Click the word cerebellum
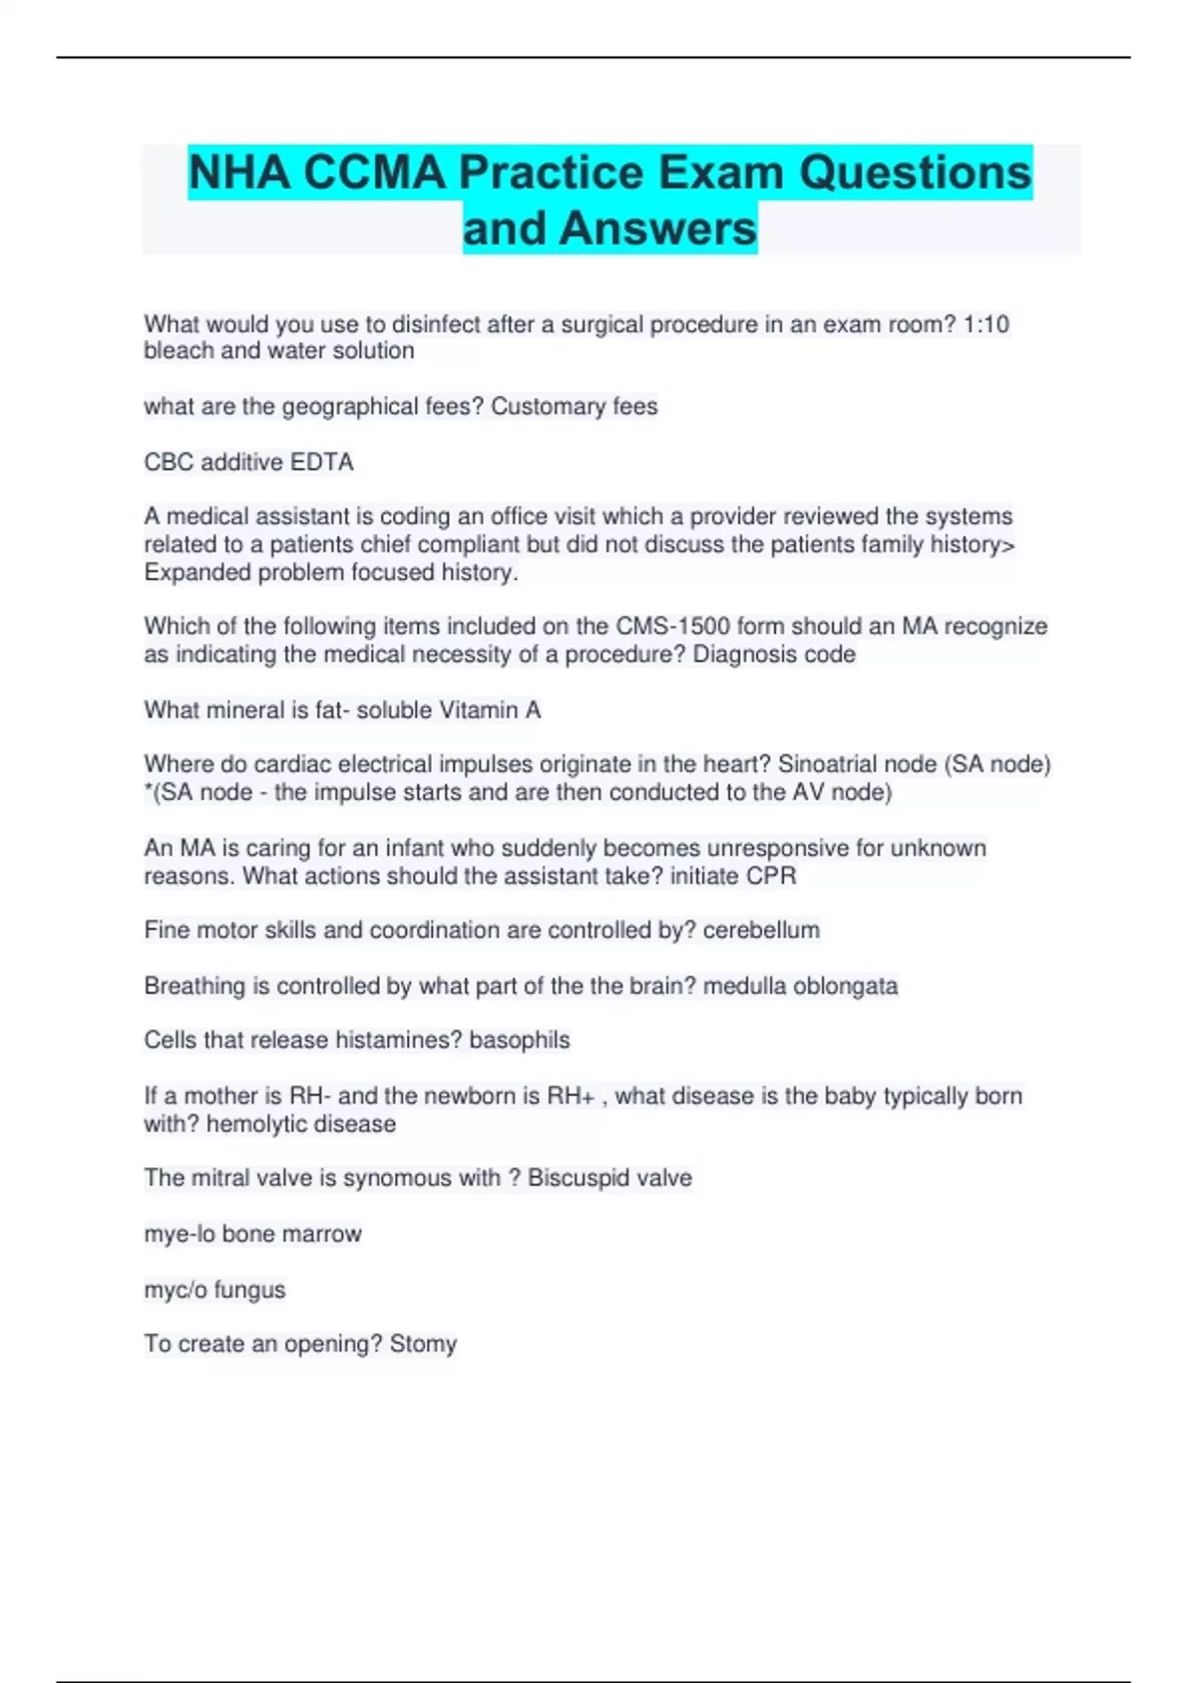pyautogui.click(x=761, y=931)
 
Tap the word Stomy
pyautogui.click(x=423, y=1344)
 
